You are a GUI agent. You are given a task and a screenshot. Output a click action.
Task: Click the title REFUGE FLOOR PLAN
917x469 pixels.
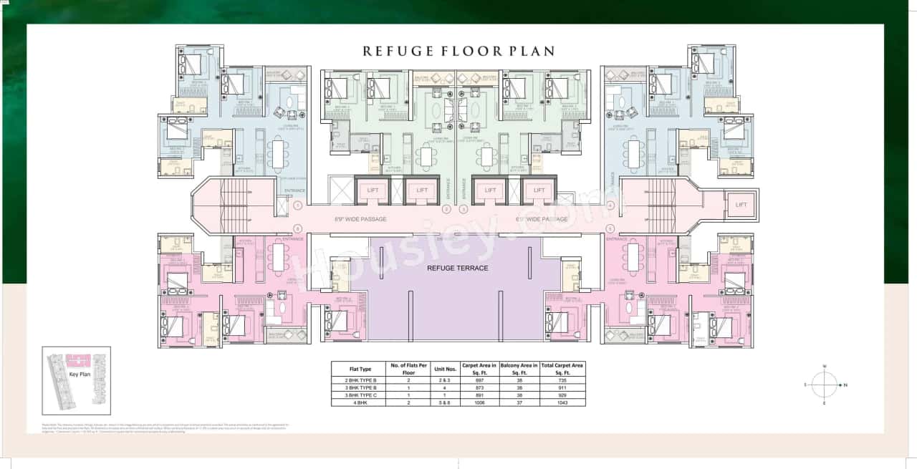pos(458,52)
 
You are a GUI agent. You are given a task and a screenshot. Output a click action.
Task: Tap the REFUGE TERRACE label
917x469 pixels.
pos(457,268)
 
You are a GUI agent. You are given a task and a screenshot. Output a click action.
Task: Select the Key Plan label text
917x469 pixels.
pos(78,374)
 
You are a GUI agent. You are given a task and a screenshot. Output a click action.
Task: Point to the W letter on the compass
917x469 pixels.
pos(825,367)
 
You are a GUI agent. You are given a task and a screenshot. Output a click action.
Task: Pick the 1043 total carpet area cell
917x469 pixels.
pos(562,402)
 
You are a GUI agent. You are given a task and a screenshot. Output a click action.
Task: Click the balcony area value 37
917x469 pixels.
pos(519,402)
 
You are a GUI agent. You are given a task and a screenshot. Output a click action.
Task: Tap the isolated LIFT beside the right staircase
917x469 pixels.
pos(741,205)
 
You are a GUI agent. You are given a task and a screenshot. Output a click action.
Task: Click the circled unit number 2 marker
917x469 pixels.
pos(446,209)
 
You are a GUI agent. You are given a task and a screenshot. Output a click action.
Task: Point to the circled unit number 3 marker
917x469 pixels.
pos(464,209)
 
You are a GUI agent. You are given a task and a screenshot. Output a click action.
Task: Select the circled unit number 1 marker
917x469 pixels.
pos(297,206)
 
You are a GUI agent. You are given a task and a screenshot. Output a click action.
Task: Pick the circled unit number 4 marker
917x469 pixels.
pos(610,206)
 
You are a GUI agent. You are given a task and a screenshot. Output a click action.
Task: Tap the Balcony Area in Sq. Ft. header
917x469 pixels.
pos(519,369)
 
